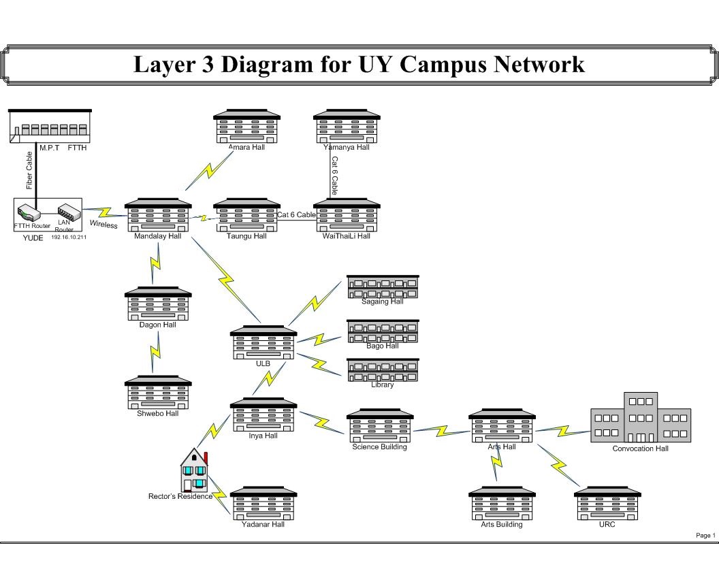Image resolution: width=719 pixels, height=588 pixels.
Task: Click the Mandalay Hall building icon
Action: (158, 216)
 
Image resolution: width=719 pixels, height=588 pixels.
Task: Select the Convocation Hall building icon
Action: (641, 418)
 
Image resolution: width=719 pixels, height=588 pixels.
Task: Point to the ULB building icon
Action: (263, 342)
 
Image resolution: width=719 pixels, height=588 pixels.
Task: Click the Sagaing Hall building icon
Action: (383, 287)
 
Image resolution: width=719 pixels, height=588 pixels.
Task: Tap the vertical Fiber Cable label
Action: (29, 170)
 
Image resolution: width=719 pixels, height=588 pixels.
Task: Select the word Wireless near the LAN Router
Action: (103, 225)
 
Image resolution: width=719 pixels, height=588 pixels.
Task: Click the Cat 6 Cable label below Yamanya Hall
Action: (335, 176)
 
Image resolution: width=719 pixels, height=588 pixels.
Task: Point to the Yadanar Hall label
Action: (263, 525)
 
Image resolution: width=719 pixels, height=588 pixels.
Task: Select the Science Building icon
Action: (380, 426)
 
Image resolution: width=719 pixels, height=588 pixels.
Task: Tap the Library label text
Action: (383, 385)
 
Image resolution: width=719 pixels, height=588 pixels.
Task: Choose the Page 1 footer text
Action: (705, 536)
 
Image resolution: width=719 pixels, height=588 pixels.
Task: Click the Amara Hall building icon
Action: (246, 127)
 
